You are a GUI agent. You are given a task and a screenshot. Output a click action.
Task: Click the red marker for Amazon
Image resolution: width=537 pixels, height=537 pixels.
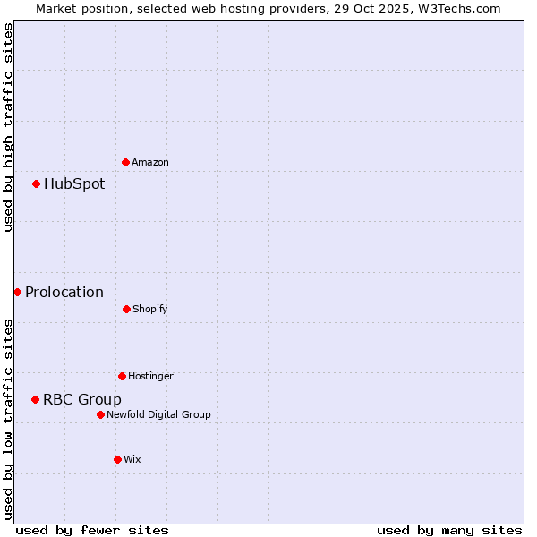coord(126,162)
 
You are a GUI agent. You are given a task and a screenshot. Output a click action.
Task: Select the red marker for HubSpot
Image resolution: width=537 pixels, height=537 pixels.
coord(37,183)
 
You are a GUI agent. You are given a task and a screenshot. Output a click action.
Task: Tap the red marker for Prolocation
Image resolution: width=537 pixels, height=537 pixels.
coord(17,292)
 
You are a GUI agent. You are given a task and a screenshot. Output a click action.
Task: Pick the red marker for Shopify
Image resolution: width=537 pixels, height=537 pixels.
coord(126,309)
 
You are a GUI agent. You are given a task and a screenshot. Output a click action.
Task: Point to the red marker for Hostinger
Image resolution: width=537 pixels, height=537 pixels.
coord(122,376)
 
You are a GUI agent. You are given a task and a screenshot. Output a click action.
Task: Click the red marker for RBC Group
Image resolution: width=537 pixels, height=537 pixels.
coord(36,399)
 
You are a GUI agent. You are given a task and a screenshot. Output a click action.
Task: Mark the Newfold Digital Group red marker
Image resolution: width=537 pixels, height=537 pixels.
coord(100,414)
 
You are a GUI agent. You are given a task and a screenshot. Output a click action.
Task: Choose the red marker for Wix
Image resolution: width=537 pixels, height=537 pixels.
coord(117,459)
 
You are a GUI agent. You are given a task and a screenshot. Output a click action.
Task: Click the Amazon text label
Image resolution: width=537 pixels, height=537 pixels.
coord(150,162)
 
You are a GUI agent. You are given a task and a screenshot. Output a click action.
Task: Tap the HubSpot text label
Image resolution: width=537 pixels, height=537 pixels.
coord(74,183)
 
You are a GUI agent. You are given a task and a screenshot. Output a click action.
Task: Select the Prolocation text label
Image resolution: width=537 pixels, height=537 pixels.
coord(64,292)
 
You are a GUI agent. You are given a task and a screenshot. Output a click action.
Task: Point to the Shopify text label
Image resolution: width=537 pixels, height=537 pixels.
coord(150,309)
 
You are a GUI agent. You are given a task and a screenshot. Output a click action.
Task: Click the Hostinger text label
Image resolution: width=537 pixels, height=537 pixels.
coord(150,376)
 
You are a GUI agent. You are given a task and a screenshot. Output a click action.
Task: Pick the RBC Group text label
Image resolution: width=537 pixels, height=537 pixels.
coord(82,399)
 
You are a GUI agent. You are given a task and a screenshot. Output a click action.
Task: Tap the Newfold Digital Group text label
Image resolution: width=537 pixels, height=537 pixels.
coord(158,414)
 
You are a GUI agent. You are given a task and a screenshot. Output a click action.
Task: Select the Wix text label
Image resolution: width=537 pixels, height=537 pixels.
coord(132,459)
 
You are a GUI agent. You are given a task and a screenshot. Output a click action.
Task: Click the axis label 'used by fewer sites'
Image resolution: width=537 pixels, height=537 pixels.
coord(92,530)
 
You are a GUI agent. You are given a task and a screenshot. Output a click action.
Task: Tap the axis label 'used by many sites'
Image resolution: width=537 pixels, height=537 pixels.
coord(449,530)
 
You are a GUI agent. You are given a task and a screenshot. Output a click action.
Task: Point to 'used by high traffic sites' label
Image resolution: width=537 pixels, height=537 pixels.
coord(8,127)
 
